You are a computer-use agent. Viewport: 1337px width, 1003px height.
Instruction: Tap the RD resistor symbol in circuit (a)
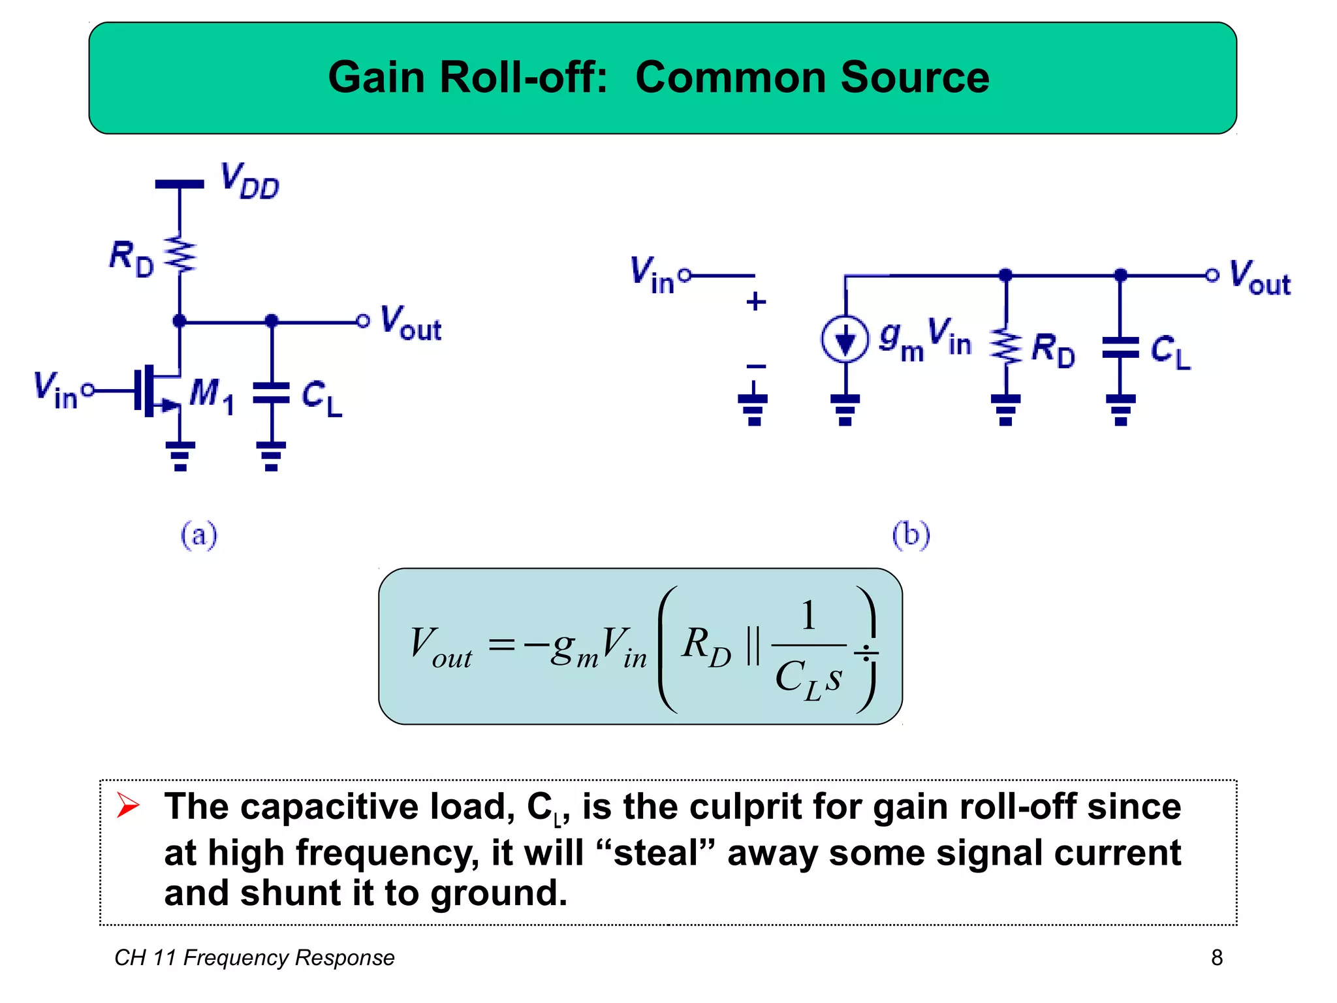(x=180, y=254)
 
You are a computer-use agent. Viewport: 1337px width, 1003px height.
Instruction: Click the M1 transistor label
(x=210, y=394)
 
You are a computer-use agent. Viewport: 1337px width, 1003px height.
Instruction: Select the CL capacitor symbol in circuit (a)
(x=271, y=393)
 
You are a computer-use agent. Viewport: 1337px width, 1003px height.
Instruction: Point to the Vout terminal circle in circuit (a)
(x=363, y=321)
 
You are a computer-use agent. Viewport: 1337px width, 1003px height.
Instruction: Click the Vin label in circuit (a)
(x=55, y=390)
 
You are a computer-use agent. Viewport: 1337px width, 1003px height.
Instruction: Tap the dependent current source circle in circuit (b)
(x=845, y=339)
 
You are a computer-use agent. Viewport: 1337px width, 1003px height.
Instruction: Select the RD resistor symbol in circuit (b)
(x=1005, y=347)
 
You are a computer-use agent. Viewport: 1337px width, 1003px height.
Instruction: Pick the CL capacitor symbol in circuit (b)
(x=1120, y=347)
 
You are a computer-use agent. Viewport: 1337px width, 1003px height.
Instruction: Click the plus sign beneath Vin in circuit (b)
(x=755, y=302)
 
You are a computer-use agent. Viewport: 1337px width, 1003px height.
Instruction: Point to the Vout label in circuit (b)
(x=1260, y=278)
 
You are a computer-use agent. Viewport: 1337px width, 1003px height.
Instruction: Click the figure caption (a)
(x=198, y=535)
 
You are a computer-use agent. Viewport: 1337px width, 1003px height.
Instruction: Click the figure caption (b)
(x=911, y=535)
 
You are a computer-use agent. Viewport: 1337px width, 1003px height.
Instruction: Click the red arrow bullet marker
(x=128, y=805)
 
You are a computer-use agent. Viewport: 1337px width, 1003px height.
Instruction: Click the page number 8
(x=1216, y=957)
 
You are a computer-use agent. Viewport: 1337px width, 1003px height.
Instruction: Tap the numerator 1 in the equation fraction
(x=808, y=615)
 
